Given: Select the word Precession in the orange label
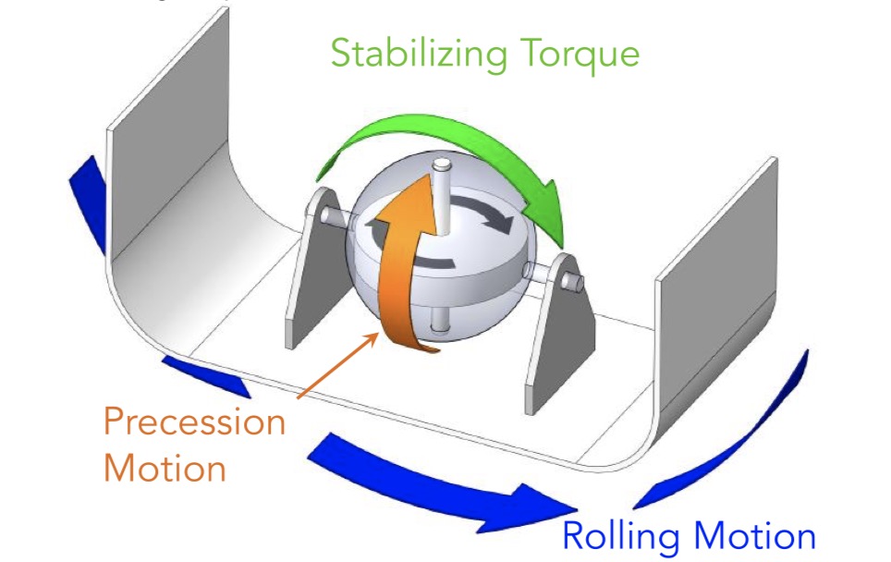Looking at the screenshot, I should [194, 422].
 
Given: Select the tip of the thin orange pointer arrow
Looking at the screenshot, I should [376, 334].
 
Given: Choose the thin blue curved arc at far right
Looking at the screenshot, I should [739, 434].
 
